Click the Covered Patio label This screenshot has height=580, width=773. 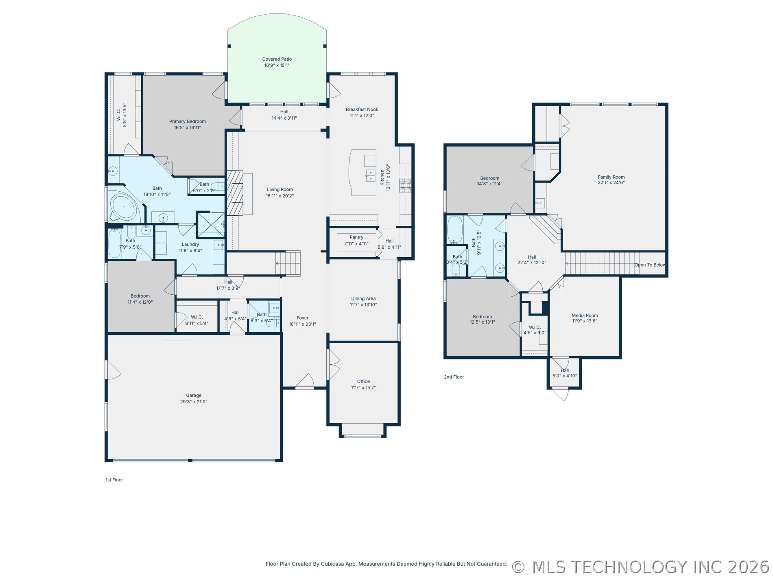pyautogui.click(x=277, y=59)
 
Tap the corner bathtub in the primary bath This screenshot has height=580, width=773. pyautogui.click(x=124, y=208)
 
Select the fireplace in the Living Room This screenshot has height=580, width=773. pyautogui.click(x=235, y=193)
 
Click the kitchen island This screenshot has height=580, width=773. pyautogui.click(x=363, y=173)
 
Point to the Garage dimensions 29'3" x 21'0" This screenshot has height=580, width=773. pyautogui.click(x=194, y=402)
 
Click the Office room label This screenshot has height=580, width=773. pyautogui.click(x=363, y=381)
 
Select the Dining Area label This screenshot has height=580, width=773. pyautogui.click(x=363, y=298)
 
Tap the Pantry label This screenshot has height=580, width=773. pyautogui.click(x=356, y=237)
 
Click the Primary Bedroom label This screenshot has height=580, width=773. pyautogui.click(x=188, y=121)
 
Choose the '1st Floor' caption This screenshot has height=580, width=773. pyautogui.click(x=114, y=480)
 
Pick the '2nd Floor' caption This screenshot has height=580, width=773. pyautogui.click(x=454, y=377)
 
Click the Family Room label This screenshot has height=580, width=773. pyautogui.click(x=611, y=177)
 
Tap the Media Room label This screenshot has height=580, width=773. pyautogui.click(x=585, y=315)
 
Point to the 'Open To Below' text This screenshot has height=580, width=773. pyautogui.click(x=650, y=265)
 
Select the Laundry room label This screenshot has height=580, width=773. pyautogui.click(x=190, y=245)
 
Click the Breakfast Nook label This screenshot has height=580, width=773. pyautogui.click(x=362, y=109)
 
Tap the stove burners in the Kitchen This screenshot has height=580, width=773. pyautogui.click(x=405, y=186)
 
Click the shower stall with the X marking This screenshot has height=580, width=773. pyautogui.click(x=211, y=225)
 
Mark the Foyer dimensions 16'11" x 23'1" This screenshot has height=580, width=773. pyautogui.click(x=302, y=324)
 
